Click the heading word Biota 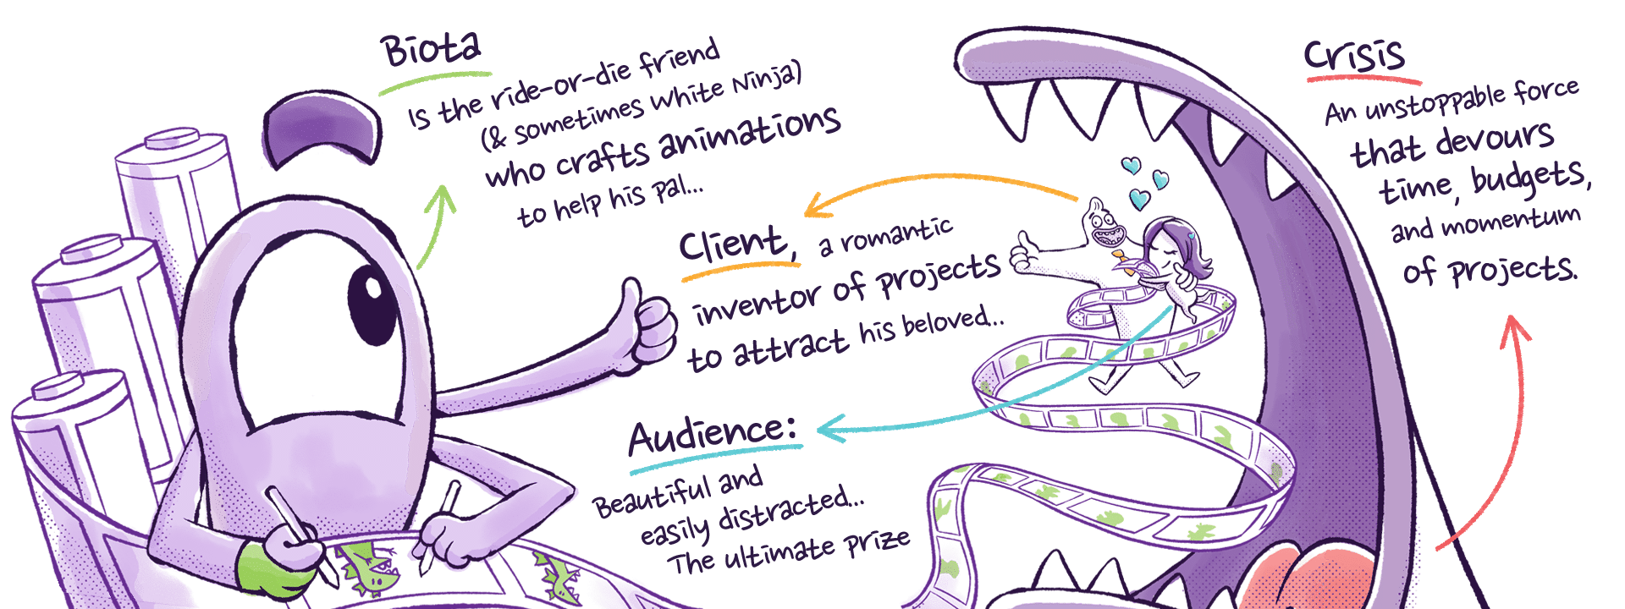431,51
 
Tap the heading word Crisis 1354,56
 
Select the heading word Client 733,244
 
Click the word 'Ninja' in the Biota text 766,82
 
